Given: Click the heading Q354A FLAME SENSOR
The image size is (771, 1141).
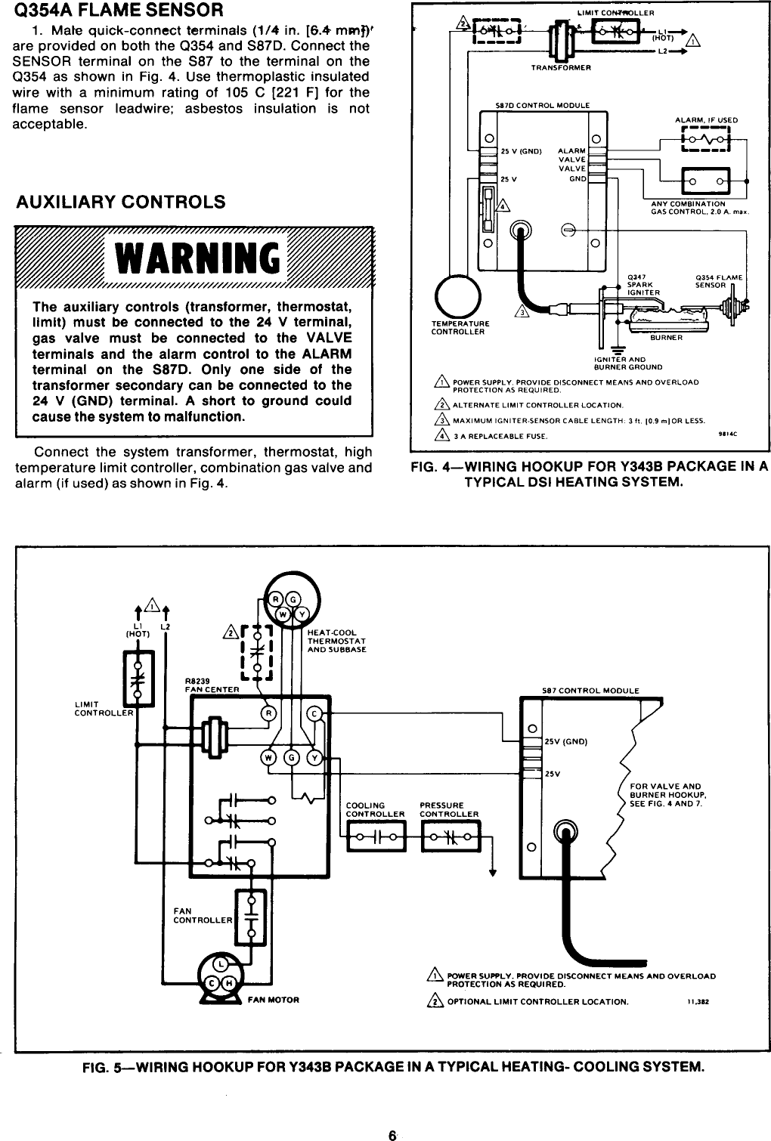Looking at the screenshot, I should point(113,11).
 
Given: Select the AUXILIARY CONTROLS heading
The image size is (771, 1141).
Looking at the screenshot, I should point(121,203).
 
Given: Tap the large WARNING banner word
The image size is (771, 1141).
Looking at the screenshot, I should point(195,258).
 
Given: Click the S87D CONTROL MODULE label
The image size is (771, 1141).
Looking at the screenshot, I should point(537,105).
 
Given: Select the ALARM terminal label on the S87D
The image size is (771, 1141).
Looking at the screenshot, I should point(571,150).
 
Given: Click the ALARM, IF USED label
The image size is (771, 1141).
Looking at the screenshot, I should point(706,120).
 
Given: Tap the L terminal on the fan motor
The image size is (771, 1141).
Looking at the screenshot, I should point(219,965).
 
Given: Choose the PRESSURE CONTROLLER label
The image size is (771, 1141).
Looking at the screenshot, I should point(449,809).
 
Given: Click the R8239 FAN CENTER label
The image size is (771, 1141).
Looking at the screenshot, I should point(212,685).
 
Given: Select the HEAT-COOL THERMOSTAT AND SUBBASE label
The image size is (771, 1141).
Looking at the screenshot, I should point(336,641).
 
